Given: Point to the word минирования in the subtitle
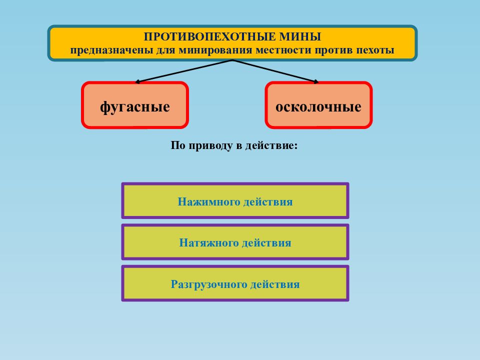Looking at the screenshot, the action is click(x=215, y=49).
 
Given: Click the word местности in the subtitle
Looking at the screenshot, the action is click(x=284, y=49).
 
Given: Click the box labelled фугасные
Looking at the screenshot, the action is click(x=135, y=105).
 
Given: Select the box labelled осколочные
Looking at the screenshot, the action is click(x=318, y=105).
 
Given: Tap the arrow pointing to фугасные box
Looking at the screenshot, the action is click(x=183, y=71).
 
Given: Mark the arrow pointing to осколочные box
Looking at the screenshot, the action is click(x=275, y=71).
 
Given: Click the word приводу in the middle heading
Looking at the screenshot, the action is click(x=210, y=145).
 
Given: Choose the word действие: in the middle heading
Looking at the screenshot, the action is click(x=271, y=145).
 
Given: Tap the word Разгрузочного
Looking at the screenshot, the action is click(x=209, y=284).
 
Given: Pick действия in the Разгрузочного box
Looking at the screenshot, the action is click(x=275, y=284).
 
